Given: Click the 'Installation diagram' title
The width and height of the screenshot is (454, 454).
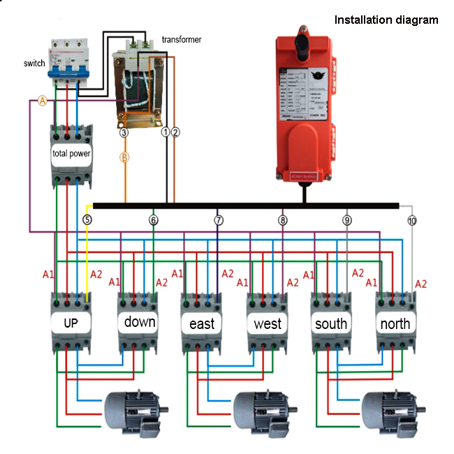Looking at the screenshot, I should coord(386,20).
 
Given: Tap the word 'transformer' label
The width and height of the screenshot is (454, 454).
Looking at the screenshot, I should coord(181,40).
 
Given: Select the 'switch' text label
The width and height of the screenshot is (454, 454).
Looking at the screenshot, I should coord(34,64).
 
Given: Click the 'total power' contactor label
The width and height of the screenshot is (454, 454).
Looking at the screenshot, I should coord(71,153).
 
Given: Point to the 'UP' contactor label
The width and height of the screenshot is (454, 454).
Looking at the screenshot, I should coord(71,323).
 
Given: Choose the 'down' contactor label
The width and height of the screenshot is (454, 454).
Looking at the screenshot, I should coord(140,322).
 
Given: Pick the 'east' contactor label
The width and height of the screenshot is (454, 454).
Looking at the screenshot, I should coord(202,324).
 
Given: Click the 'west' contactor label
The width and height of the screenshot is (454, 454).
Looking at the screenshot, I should coord(268,323).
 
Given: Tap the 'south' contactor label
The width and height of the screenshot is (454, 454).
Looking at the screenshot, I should coord(331,323).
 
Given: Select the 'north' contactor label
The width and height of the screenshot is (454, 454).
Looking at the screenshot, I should coord(395,323).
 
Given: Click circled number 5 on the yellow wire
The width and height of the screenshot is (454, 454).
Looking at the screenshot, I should coord(87,220).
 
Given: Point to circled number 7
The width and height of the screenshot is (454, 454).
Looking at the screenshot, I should coord(219,220).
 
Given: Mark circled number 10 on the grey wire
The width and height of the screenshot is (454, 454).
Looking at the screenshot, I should coord(412,221).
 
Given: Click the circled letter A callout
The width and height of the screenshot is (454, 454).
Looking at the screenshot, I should coord(42,101).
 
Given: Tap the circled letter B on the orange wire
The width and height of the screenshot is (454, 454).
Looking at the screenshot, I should coord(125,157).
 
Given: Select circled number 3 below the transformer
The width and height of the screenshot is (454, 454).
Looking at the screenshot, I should coord(124,131).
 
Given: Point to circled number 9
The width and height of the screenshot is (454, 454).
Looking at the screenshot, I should coord(347,220).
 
